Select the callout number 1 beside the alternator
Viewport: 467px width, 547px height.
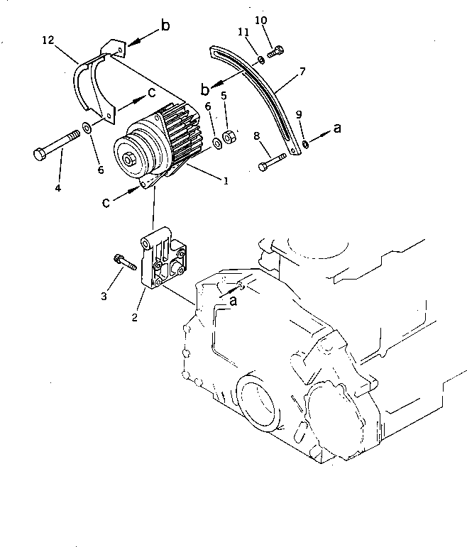click(x=226, y=181)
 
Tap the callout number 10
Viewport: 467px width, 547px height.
click(x=263, y=21)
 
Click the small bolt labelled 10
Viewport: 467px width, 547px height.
click(x=278, y=49)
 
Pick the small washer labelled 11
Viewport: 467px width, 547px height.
click(x=261, y=60)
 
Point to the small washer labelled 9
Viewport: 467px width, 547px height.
click(x=304, y=145)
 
